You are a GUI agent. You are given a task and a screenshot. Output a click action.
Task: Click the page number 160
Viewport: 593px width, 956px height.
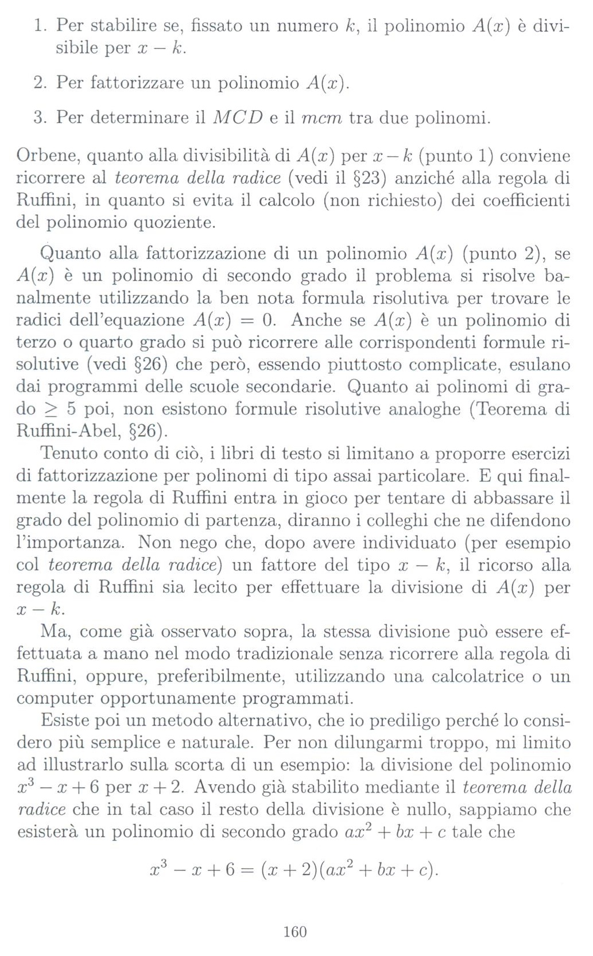pyautogui.click(x=295, y=931)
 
